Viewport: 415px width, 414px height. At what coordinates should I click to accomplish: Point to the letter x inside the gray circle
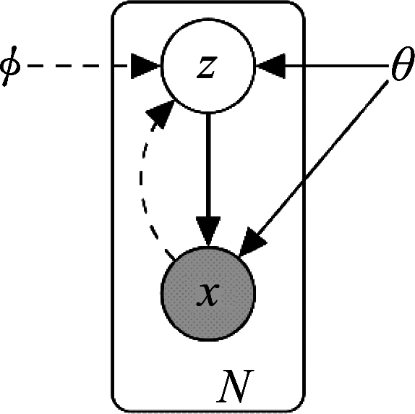tap(208, 295)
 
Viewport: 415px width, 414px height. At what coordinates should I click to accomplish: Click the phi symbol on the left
tap(10, 66)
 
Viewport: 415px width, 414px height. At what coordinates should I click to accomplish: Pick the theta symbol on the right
tap(403, 64)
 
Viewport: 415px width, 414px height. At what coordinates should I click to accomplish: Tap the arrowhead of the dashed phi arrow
tap(146, 66)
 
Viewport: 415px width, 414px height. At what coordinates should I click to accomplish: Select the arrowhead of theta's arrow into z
tap(270, 66)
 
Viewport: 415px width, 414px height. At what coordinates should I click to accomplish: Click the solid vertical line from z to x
tap(208, 165)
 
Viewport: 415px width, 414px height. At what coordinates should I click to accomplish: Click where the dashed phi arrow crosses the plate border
tap(114, 66)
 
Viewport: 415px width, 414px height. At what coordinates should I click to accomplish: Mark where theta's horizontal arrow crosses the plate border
tap(304, 66)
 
